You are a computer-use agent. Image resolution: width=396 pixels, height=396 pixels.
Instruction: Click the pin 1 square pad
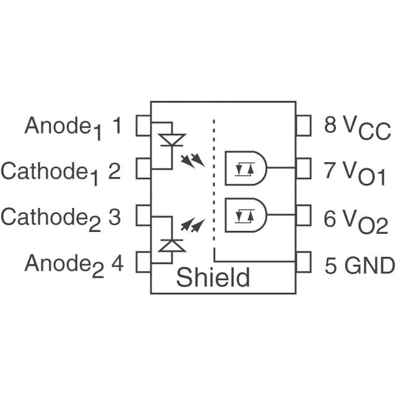144,126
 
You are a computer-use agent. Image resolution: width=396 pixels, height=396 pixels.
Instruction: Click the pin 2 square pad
144,169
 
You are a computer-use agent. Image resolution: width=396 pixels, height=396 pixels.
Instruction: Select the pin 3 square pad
144,216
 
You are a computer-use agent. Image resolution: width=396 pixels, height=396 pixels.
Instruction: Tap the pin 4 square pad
144,262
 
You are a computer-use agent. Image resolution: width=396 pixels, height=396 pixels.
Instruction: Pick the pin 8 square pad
303,126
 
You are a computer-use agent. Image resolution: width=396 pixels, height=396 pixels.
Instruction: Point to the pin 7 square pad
303,169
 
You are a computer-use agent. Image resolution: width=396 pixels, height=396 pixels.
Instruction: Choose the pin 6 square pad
303,216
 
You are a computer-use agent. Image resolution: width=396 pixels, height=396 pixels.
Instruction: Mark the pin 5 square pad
303,262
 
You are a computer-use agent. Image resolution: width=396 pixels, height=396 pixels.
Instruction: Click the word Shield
213,277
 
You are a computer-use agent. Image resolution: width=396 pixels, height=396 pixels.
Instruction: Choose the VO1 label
364,173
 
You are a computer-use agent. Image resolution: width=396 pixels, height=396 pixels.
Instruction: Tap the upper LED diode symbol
171,140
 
